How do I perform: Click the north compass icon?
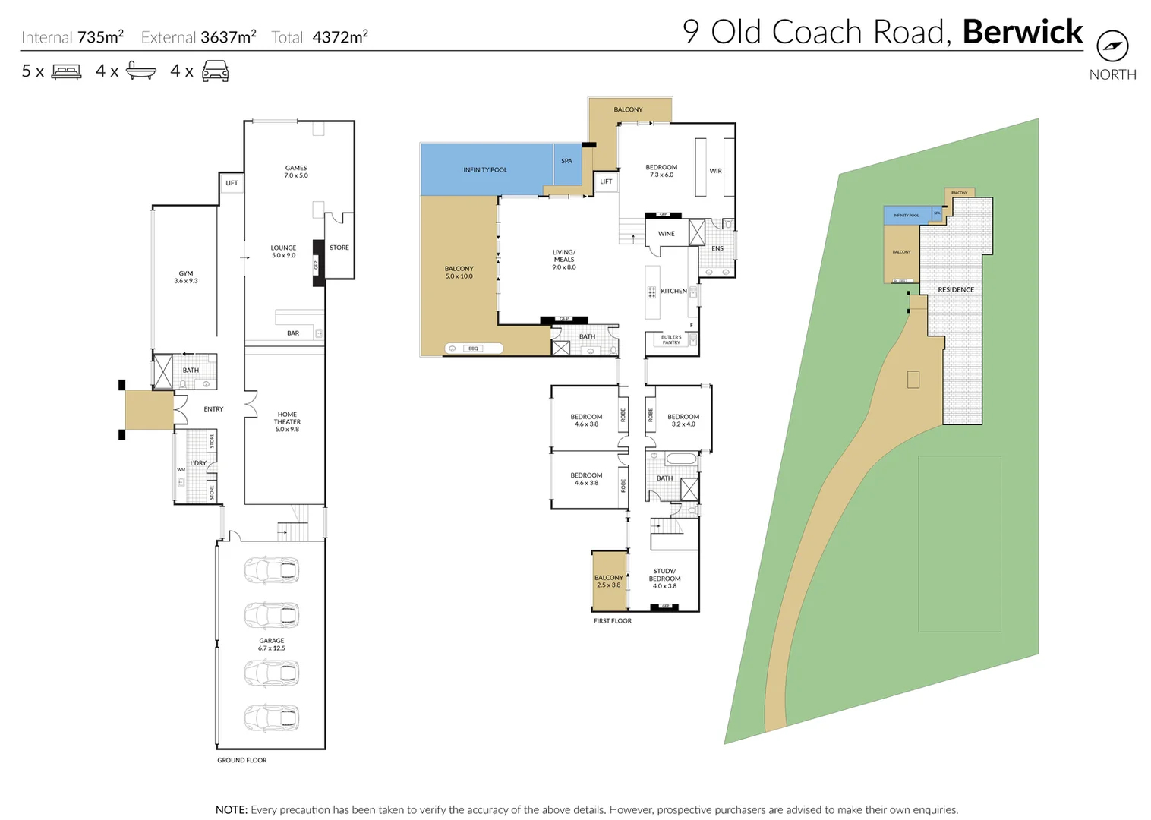point(1112,46)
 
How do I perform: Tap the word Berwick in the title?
point(1022,32)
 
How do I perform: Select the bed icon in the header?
point(66,72)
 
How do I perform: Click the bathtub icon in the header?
point(140,71)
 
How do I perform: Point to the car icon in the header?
point(215,71)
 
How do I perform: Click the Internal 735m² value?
point(100,37)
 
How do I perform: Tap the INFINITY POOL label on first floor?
point(485,170)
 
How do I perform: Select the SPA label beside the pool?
point(566,161)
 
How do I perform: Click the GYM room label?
point(186,277)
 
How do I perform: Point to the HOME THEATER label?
point(287,422)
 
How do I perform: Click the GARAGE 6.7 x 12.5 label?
point(272,645)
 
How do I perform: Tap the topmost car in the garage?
point(272,570)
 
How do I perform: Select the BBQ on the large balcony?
point(474,348)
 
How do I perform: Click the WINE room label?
point(666,234)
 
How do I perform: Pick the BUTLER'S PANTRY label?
point(671,340)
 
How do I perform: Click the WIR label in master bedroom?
point(715,172)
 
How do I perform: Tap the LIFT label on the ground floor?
point(232,183)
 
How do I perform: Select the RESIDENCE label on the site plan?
point(955,290)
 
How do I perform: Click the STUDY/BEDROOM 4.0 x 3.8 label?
point(664,579)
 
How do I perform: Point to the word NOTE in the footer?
point(231,810)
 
